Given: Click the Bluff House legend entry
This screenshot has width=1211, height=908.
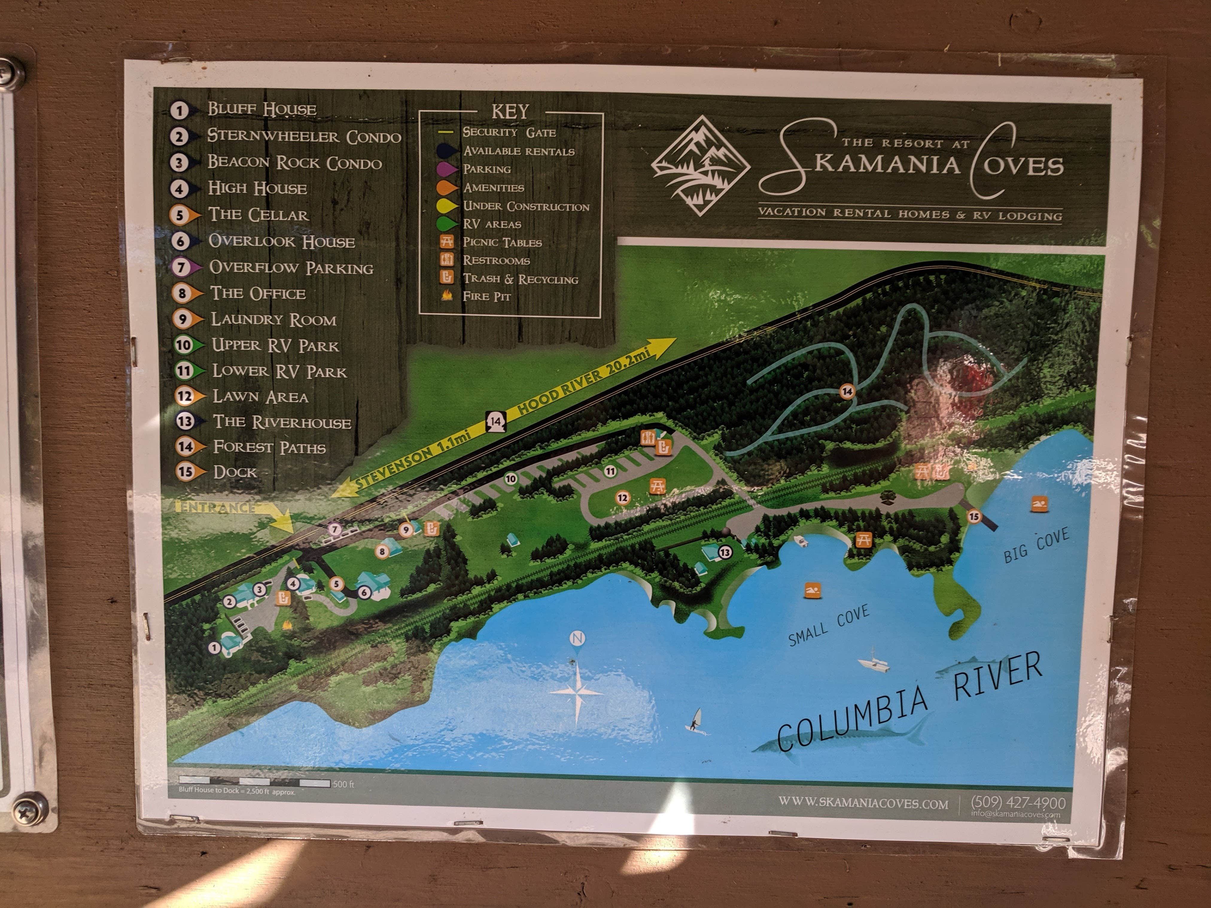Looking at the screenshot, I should (262, 109).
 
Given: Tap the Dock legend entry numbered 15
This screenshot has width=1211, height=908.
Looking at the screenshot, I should (234, 472).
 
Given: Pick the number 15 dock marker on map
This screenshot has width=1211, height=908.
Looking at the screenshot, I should (973, 516).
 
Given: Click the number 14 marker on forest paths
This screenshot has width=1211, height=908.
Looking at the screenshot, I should (847, 391).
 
